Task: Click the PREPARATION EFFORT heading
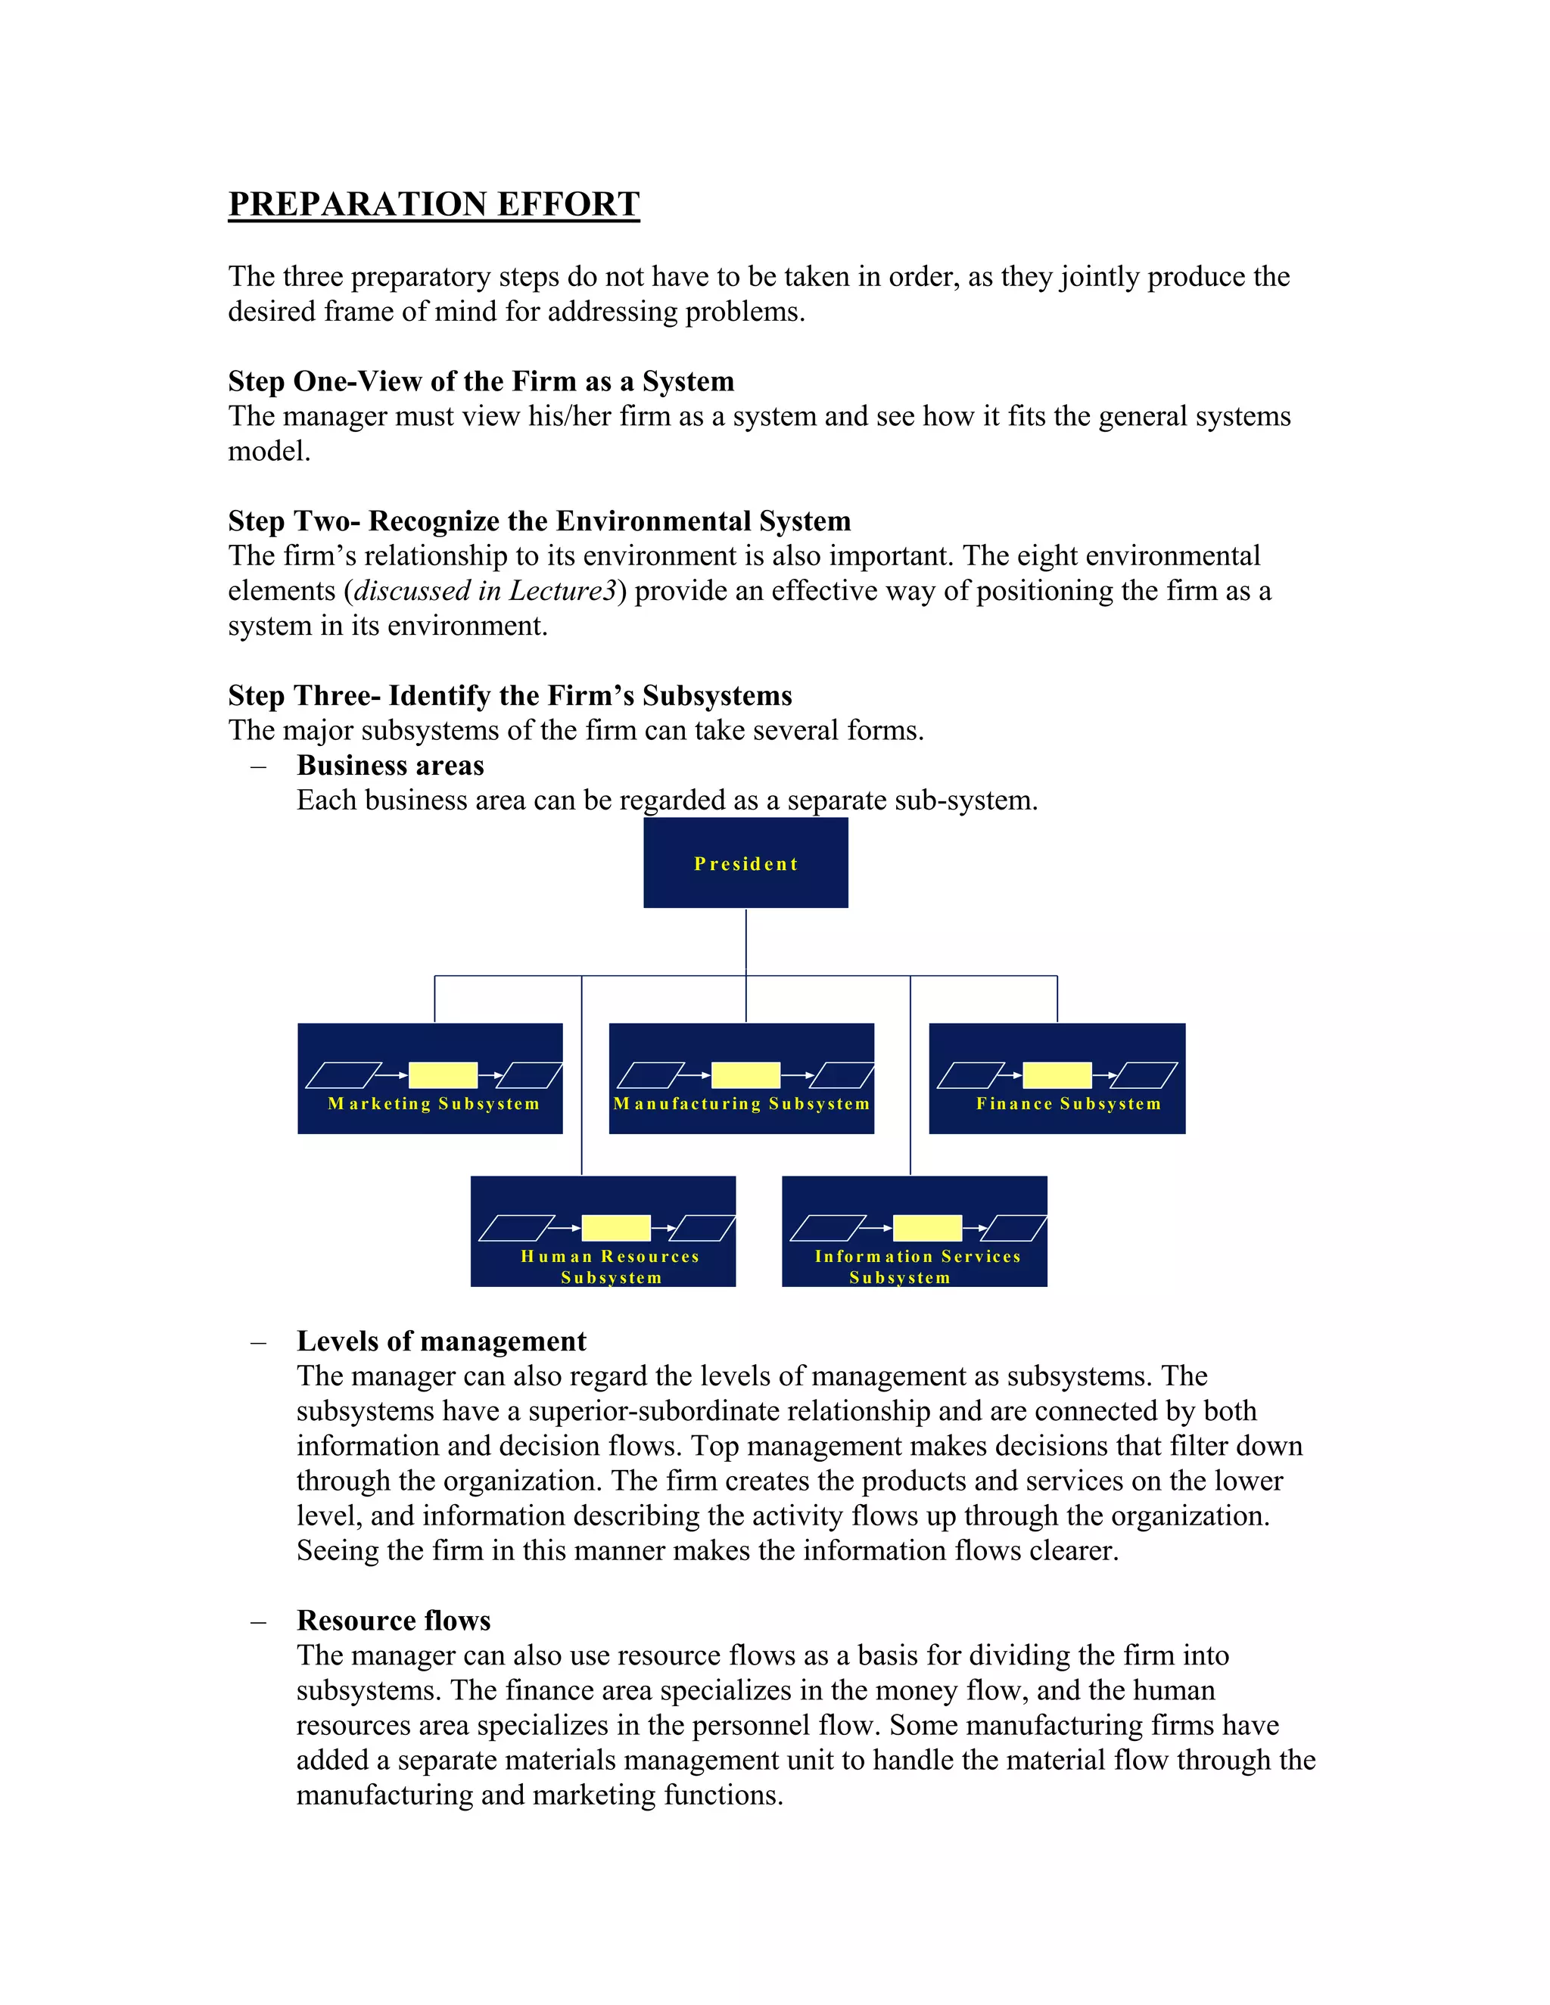click(434, 204)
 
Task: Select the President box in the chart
click(745, 863)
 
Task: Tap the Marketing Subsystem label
click(434, 1103)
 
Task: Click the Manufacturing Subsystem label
click(741, 1103)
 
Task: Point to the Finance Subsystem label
click(1068, 1103)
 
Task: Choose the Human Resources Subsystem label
click(611, 1267)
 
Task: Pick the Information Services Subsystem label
click(917, 1267)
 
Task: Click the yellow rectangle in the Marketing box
click(443, 1075)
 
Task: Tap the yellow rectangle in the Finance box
click(1057, 1075)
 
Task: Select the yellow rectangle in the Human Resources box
click(616, 1227)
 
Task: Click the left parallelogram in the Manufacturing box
click(650, 1075)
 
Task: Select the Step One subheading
click(481, 381)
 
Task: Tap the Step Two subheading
click(539, 521)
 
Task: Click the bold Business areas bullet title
click(391, 765)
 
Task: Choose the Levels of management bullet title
click(440, 1341)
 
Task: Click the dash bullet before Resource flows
click(258, 1621)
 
